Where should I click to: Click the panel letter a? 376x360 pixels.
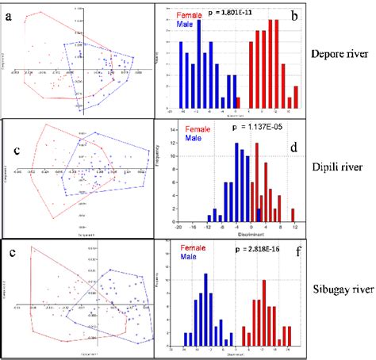click(10, 14)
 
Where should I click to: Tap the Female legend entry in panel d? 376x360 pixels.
click(198, 128)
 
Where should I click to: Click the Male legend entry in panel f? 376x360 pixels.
click(194, 258)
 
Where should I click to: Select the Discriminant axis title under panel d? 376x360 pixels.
click(236, 233)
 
